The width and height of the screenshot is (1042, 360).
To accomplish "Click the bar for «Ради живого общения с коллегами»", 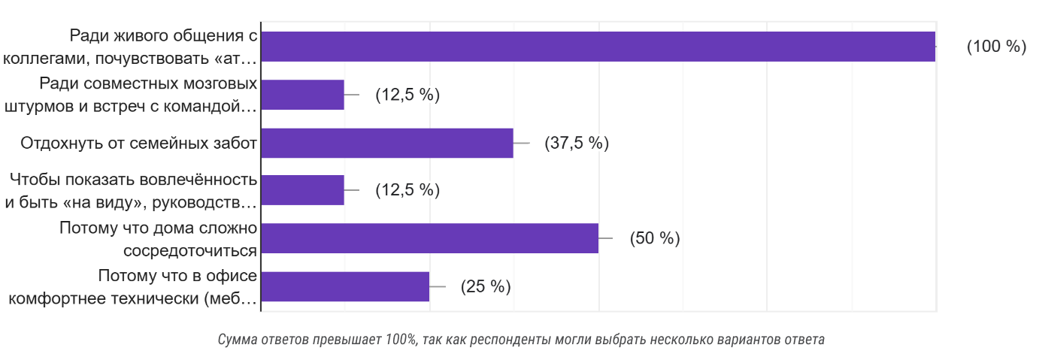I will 598,47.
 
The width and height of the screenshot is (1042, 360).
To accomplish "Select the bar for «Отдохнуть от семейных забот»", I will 386,143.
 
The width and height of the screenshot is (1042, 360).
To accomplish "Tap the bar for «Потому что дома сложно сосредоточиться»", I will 429,238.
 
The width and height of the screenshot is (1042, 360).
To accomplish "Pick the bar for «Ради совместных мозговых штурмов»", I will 302,95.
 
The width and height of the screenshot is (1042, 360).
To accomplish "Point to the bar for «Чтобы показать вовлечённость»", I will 302,190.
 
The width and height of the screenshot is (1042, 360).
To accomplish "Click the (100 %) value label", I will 996,47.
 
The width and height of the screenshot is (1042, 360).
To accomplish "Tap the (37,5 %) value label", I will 577,143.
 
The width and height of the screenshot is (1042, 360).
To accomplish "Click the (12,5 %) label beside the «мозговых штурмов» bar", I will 407,95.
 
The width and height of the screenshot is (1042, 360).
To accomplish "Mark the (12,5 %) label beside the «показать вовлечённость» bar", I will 407,190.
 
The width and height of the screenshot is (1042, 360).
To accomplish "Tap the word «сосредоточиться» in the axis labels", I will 190,250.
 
